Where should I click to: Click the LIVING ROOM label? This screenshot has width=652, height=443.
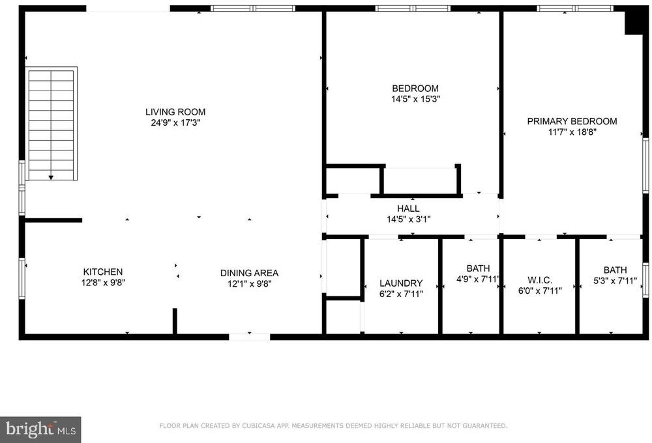coord(175,112)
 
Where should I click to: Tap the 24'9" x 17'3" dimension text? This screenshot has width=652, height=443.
coord(175,122)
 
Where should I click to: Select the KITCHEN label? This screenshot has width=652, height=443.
coord(103,272)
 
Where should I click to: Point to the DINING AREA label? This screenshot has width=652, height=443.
coord(249,273)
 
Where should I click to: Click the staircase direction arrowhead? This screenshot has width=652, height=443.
coord(51,177)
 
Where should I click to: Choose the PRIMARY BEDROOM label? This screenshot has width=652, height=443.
coord(572,121)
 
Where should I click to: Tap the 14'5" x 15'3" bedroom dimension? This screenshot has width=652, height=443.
coord(415,99)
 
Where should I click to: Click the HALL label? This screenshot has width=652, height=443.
coord(408,208)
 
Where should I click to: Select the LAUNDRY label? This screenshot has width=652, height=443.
coord(401,283)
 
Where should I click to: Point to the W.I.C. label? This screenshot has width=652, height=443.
coord(540,280)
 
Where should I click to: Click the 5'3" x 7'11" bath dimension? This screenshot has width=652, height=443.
coord(615,281)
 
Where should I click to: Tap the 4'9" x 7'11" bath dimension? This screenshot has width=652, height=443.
coord(478,279)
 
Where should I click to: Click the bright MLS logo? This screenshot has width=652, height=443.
coord(40,429)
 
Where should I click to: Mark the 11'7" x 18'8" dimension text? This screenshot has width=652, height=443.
coord(572,132)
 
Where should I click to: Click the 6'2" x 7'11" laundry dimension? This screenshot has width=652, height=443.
coord(401,294)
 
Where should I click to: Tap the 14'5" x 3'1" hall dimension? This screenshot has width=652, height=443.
coord(408,220)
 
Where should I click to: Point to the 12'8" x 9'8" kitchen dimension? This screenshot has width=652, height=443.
coord(103,283)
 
